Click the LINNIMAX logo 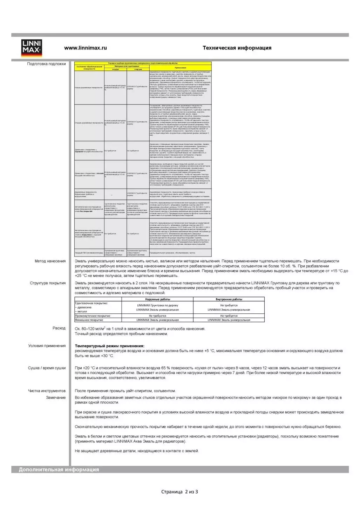point(32,48)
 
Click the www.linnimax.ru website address point(85,48)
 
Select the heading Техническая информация point(237,48)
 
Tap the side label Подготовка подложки point(47,64)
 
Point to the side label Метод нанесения point(50,261)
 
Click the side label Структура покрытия point(48,283)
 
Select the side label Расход point(59,328)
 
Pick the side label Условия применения point(47,346)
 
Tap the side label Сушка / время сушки point(47,368)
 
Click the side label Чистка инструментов point(47,391)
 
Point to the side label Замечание point(56,398)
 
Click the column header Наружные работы point(157,299)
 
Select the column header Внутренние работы point(229,299)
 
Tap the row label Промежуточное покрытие point(93,316)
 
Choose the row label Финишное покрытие point(89,320)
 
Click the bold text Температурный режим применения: point(109,346)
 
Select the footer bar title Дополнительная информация point(59,470)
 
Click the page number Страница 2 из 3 point(179,492)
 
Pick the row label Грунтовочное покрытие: point(91,303)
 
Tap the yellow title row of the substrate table point(143,63)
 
